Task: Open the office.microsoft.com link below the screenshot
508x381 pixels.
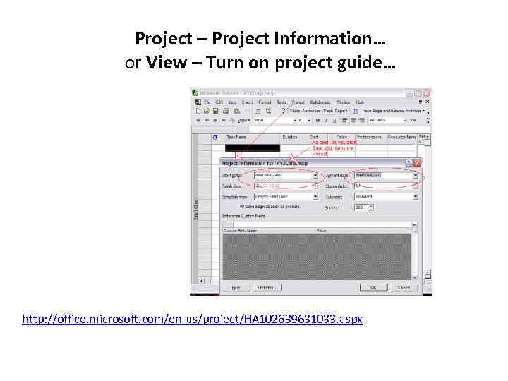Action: [193, 320]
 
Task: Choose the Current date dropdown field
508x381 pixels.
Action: [386, 174]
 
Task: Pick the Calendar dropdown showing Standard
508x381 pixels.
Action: [386, 197]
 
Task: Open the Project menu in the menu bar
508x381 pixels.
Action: [298, 102]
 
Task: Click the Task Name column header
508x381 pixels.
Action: [236, 137]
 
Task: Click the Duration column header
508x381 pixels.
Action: [289, 137]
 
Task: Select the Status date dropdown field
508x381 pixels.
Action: [386, 186]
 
